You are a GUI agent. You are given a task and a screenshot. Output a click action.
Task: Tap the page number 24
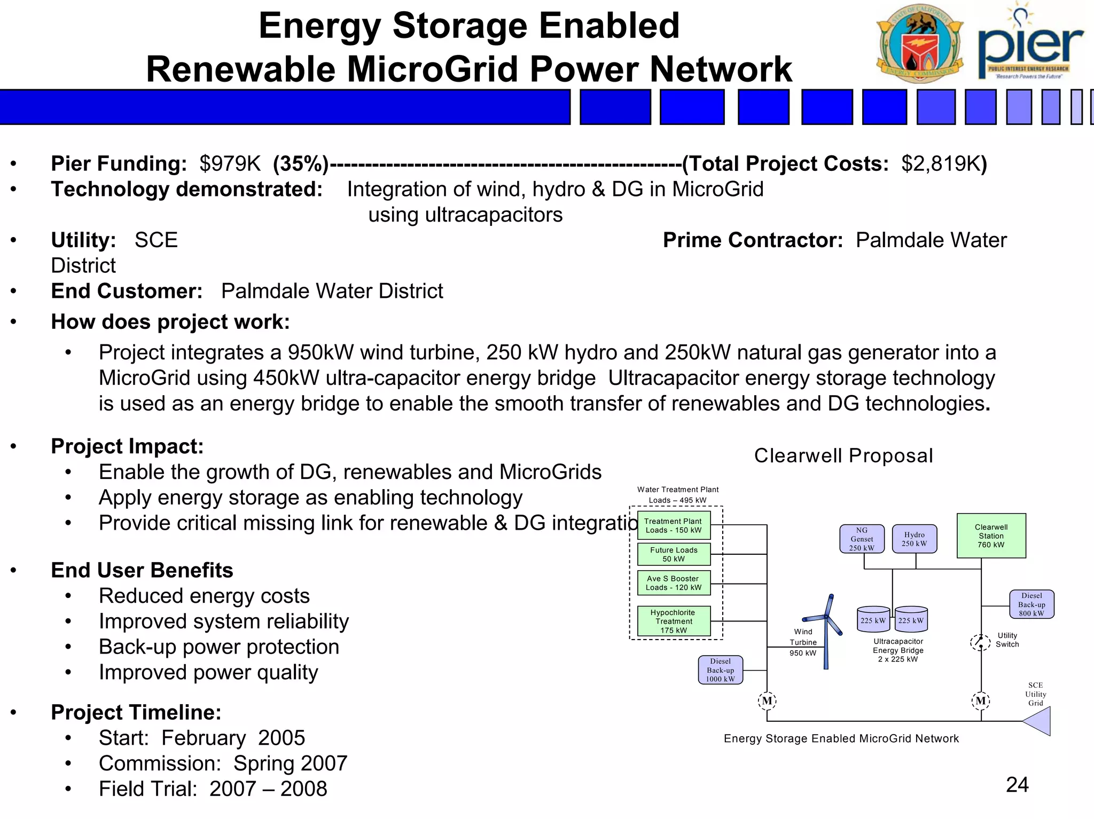click(x=1017, y=784)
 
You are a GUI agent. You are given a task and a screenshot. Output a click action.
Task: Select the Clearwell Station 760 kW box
click(x=991, y=535)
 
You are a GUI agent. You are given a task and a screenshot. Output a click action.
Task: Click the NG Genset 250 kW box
click(x=862, y=539)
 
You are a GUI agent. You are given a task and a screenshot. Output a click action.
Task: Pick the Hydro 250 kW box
click(x=914, y=539)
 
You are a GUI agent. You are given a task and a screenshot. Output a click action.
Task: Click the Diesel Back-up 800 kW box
click(x=1031, y=604)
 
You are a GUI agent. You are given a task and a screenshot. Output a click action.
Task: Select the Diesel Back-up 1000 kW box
click(x=720, y=670)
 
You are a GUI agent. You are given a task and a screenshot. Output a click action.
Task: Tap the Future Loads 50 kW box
click(x=674, y=554)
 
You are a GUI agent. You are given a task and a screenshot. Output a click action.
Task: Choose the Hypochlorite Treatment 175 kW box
click(x=674, y=621)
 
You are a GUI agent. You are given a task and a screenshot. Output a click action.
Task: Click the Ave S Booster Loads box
click(x=674, y=583)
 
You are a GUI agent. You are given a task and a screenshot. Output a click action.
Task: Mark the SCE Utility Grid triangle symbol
click(x=1038, y=721)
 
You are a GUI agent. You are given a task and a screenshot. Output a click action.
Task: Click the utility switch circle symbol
click(x=980, y=642)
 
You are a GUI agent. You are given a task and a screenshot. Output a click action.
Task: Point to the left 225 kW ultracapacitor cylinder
click(x=873, y=619)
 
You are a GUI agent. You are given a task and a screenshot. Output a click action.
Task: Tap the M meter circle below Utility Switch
click(x=981, y=700)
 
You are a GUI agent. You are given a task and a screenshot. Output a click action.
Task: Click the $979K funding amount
click(x=230, y=163)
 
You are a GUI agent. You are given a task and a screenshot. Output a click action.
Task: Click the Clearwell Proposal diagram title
click(x=843, y=456)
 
